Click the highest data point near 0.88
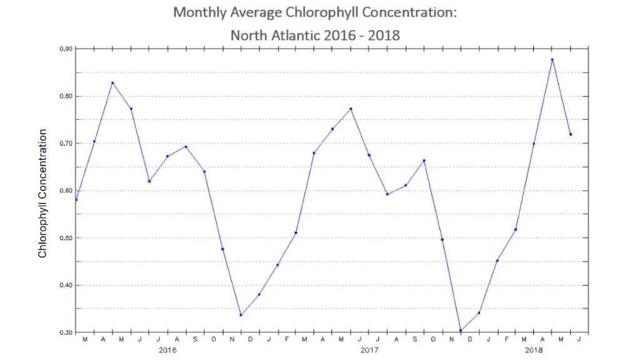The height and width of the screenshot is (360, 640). click(552, 59)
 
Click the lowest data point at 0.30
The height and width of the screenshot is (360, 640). click(461, 331)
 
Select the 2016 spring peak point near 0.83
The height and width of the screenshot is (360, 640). click(112, 82)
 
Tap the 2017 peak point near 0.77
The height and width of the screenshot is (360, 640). click(351, 109)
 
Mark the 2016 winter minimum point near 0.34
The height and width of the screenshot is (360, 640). click(241, 314)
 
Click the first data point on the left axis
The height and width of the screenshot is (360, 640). click(76, 200)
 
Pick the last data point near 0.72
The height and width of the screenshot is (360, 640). click(571, 134)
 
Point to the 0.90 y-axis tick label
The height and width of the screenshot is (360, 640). click(66, 49)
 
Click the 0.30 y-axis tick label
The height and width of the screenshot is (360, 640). click(66, 332)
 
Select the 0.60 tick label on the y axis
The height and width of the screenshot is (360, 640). click(66, 191)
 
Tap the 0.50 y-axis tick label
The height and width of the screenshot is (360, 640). click(66, 238)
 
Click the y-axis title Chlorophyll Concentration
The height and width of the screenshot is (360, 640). click(42, 193)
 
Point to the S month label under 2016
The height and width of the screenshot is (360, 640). click(195, 340)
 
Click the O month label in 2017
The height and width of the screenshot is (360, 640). click(433, 340)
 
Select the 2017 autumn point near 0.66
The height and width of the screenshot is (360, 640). click(424, 161)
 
